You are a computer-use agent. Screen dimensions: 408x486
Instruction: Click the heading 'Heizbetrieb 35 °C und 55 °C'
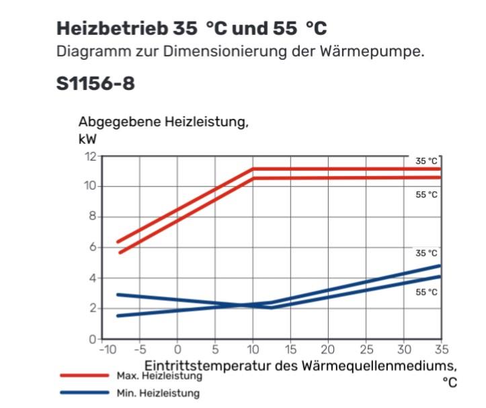192,29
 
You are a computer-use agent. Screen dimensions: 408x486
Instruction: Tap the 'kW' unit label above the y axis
87,140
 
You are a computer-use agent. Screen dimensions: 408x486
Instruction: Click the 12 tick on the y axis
90,156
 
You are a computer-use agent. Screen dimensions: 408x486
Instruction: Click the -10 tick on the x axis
106,350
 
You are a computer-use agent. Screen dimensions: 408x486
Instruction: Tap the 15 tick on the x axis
290,350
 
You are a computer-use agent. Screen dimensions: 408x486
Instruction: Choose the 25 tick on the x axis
366,350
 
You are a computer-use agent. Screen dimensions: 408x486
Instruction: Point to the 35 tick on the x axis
441,350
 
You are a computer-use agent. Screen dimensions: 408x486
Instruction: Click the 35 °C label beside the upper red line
426,161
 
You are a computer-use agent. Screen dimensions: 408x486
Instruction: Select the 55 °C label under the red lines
426,195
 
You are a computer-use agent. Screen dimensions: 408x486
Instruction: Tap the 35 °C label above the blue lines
426,253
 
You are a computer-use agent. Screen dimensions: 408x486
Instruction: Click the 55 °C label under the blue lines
426,292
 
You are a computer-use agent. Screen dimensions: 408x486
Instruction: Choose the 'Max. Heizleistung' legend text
159,376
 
